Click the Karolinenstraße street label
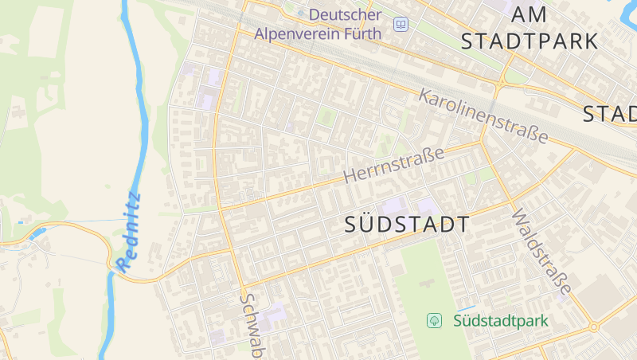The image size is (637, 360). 483,115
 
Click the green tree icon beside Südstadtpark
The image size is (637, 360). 435,321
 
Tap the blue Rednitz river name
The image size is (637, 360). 129,231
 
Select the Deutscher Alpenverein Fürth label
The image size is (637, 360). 318,24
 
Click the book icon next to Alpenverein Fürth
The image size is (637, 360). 401,25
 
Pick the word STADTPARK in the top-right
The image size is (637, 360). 530,41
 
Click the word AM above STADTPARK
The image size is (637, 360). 530,14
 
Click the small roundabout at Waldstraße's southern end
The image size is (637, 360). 593,327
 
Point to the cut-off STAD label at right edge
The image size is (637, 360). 610,114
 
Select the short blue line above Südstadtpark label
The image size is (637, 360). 465,308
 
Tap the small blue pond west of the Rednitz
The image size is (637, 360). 36,233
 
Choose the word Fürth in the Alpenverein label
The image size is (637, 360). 365,33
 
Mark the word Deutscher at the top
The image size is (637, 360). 345,14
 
